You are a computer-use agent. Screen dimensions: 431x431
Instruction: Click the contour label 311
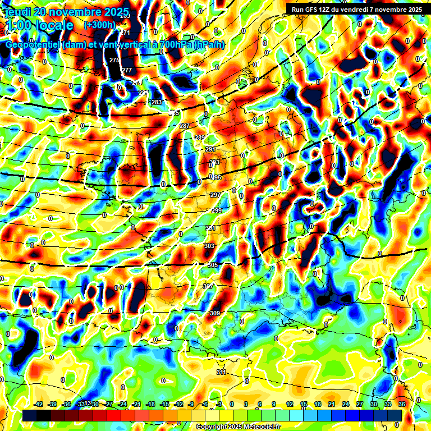tap(221, 372)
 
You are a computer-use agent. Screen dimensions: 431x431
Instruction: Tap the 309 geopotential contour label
tap(215, 313)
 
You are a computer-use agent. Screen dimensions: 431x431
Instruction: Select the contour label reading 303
tap(209, 246)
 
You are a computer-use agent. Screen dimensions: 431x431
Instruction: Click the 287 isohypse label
tap(185, 126)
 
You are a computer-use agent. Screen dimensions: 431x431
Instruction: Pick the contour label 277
tap(127, 70)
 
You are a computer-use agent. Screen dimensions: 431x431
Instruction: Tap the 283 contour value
tap(157, 102)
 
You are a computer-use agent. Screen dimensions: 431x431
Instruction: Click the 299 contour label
tap(217, 210)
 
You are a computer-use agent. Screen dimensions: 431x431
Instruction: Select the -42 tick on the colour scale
tap(39, 404)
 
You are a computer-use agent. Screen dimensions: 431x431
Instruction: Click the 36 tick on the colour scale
tap(402, 404)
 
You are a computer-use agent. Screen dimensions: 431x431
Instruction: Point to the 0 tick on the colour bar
tap(232, 404)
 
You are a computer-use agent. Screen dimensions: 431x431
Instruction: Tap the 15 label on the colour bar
tap(304, 404)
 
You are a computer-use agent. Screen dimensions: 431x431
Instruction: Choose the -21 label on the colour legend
tap(136, 404)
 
